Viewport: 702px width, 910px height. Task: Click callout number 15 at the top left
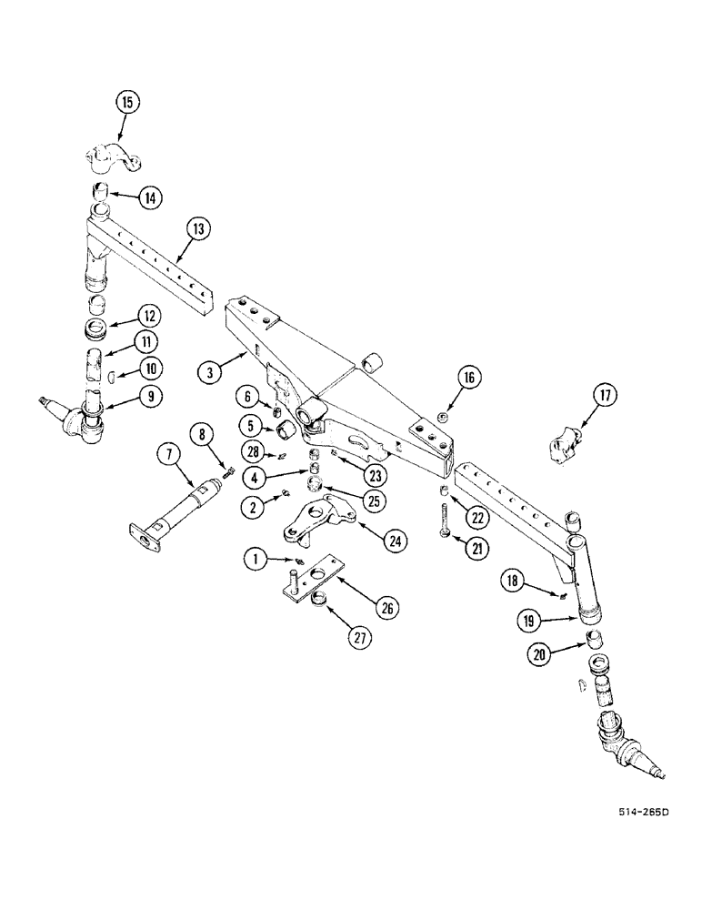[x=126, y=103]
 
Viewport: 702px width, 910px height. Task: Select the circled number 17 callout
[x=605, y=396]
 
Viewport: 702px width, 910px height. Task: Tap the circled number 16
[x=471, y=378]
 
